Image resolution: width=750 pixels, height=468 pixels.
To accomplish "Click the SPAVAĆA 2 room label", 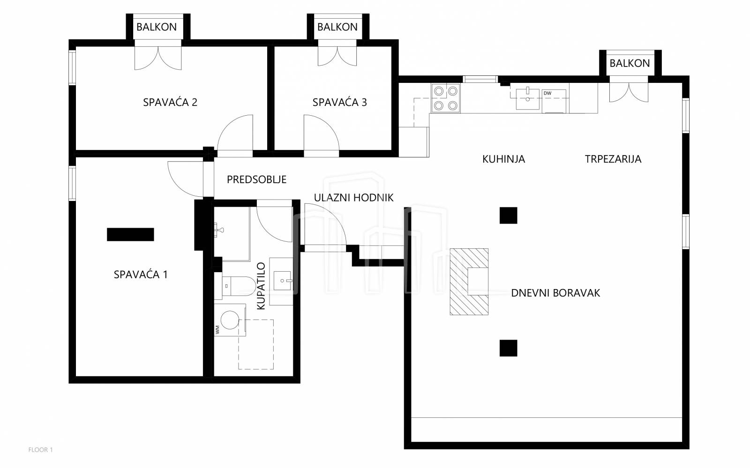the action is pyautogui.click(x=170, y=103).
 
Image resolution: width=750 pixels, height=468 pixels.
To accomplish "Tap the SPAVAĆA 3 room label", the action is pyautogui.click(x=339, y=103).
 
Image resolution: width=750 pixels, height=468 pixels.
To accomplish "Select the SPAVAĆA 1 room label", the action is pyautogui.click(x=141, y=275).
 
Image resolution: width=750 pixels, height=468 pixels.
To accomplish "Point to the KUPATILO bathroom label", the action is pyautogui.click(x=261, y=286).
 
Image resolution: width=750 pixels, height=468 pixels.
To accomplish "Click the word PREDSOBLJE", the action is pyautogui.click(x=257, y=179).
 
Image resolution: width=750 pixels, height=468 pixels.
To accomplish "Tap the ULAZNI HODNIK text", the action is pyautogui.click(x=353, y=198).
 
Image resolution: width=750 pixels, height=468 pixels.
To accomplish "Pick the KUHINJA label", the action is pyautogui.click(x=503, y=159).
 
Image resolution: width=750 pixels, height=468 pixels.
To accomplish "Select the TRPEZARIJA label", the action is pyautogui.click(x=613, y=159).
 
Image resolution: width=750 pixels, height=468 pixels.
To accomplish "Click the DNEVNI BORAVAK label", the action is pyautogui.click(x=555, y=293).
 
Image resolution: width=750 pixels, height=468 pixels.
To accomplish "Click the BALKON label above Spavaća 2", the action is pyautogui.click(x=157, y=27).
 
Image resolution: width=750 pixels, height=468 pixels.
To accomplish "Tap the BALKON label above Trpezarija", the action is pyautogui.click(x=630, y=63).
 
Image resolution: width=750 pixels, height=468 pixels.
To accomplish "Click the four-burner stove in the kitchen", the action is pyautogui.click(x=446, y=98).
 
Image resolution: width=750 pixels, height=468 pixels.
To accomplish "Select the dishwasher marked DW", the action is pyautogui.click(x=554, y=101).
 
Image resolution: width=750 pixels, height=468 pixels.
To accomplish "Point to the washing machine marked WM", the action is pyautogui.click(x=230, y=320).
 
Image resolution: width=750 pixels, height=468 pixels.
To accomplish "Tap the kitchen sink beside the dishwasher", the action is pyautogui.click(x=528, y=99).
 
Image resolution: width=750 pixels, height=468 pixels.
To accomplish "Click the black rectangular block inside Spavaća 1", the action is pyautogui.click(x=130, y=235).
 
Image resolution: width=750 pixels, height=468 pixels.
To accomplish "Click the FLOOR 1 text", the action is pyautogui.click(x=40, y=450).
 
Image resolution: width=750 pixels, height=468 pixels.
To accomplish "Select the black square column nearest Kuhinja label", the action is pyautogui.click(x=508, y=215).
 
